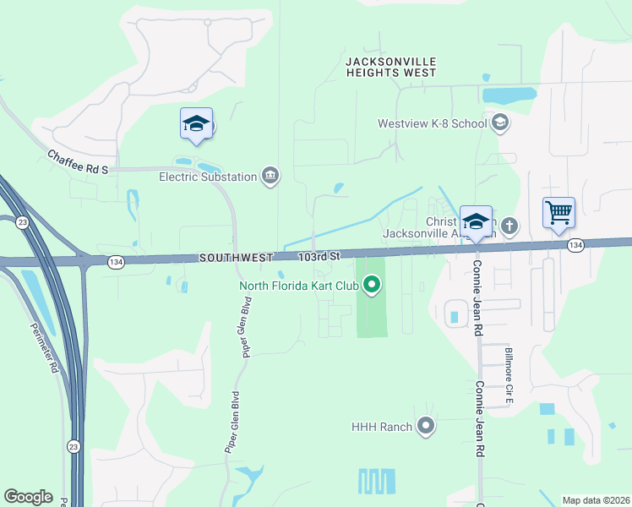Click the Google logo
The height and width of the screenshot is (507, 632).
point(28,497)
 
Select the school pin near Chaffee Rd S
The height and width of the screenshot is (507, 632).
point(196,125)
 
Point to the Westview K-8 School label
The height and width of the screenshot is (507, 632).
point(432,123)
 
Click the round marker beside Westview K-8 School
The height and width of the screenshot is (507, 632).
point(499,123)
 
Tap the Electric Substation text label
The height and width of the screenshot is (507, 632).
point(208,177)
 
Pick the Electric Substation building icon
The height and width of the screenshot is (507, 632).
point(270,176)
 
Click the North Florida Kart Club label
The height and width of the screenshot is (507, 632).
point(299,286)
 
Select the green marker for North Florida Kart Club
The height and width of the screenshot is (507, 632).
point(372,286)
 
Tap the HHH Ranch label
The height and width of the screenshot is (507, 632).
point(382,427)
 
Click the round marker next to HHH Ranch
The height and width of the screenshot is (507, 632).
point(426,427)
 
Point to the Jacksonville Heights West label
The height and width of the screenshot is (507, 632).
point(390,68)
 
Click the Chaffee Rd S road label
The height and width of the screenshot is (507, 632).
point(79,161)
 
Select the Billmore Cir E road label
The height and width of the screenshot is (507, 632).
point(509,375)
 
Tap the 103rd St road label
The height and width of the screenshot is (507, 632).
point(318,255)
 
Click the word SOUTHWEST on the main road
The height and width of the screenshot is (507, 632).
point(236,257)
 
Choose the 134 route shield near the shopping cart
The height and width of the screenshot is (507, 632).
point(575,245)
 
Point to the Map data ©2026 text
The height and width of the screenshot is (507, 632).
point(597,499)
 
